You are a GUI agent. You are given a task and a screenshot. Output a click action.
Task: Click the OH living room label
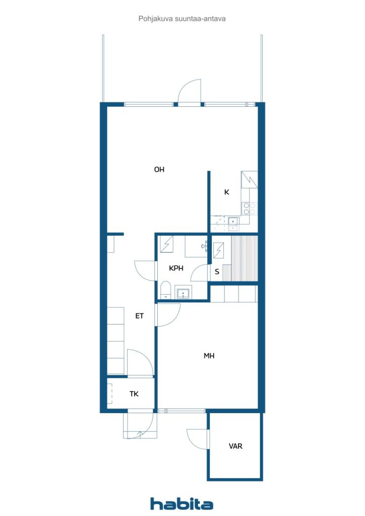(159, 170)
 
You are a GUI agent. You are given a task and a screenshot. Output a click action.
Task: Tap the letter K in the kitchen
(227, 192)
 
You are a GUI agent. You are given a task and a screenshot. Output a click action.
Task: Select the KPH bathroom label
(176, 269)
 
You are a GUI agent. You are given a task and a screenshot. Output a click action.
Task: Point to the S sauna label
(217, 272)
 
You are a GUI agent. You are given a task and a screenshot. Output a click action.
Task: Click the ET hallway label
(140, 316)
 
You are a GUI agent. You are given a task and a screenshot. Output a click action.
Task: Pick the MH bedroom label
(209, 356)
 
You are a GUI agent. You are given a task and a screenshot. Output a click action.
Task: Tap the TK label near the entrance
(134, 394)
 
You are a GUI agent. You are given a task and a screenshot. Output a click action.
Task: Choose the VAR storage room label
(235, 446)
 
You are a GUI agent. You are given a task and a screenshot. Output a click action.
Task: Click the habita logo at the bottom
(182, 503)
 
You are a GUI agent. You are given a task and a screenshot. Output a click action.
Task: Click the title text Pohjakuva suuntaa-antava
(182, 18)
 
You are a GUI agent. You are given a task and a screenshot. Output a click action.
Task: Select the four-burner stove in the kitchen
(250, 208)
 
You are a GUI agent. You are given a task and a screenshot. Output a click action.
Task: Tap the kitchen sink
(233, 221)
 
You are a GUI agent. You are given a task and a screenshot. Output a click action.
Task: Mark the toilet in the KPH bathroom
(165, 291)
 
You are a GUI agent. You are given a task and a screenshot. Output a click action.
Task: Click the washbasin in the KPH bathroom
(183, 293)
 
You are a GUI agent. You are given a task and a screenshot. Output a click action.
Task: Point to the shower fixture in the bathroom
(167, 244)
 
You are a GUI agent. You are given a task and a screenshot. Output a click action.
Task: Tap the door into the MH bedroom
(168, 315)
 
